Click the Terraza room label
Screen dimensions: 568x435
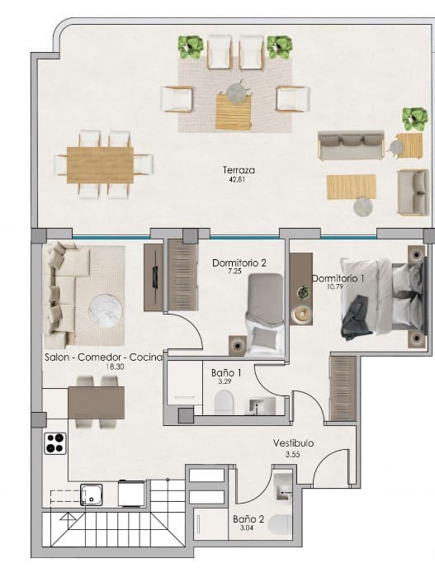pos(239,171)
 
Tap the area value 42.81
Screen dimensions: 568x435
pos(239,180)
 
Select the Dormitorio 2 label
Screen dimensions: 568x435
pos(239,264)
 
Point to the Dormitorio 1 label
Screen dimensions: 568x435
pos(338,278)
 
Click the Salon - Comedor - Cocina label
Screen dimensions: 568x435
pos(104,358)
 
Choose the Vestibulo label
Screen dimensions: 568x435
pos(293,443)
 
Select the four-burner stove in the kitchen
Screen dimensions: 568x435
pos(54,443)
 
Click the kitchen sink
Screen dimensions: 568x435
pos(90,495)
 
